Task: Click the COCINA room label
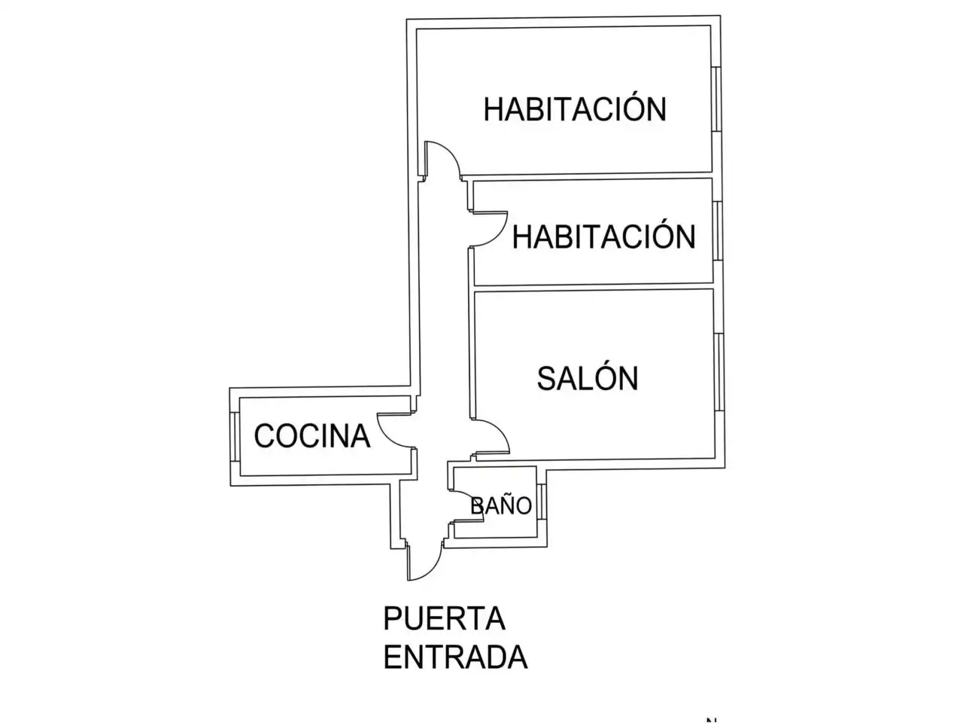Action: click(x=312, y=436)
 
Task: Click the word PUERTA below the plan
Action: click(x=444, y=618)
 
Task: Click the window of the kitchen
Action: click(x=234, y=437)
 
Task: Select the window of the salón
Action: click(x=718, y=372)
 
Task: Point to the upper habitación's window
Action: click(x=715, y=99)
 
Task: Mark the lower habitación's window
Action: click(x=717, y=231)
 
